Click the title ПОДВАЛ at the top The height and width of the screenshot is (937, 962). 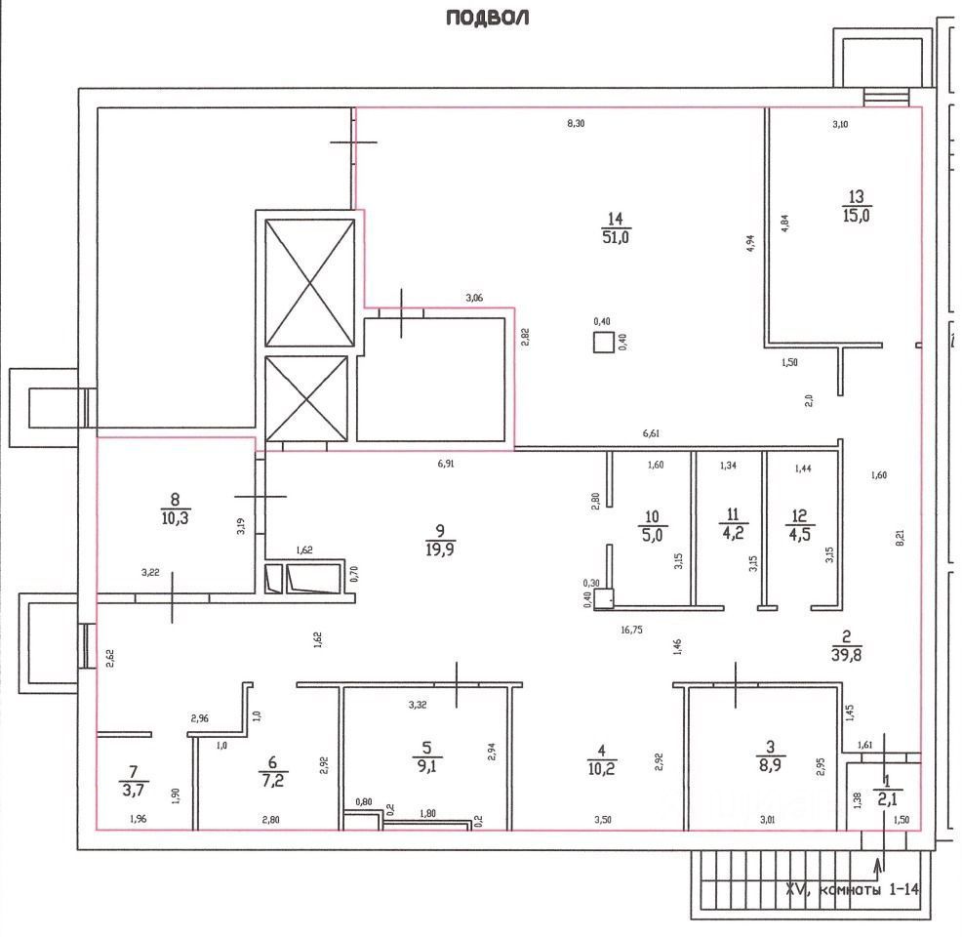tap(487, 18)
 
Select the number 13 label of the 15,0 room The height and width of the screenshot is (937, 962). tap(857, 196)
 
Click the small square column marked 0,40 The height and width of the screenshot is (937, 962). tap(604, 343)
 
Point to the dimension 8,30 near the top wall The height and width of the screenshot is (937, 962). tap(577, 123)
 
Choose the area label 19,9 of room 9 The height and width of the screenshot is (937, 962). tap(441, 550)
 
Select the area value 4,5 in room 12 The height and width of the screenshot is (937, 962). tap(799, 534)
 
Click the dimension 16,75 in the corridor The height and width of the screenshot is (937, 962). tap(637, 630)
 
